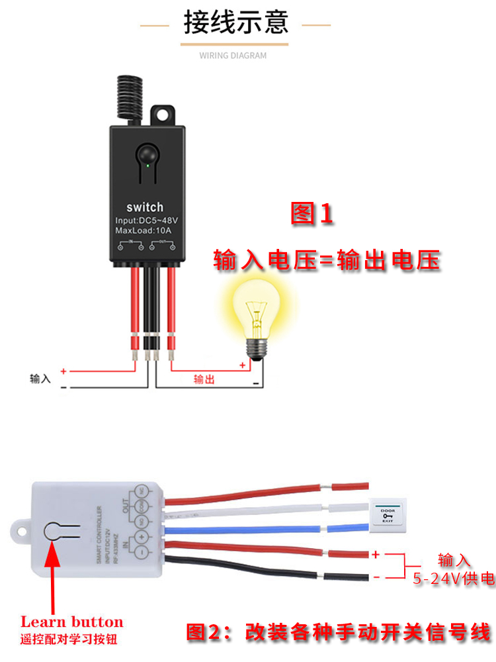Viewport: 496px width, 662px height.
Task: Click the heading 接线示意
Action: click(x=236, y=22)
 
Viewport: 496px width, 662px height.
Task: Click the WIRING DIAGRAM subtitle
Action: click(x=233, y=56)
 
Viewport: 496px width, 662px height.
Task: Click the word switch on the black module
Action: click(x=144, y=207)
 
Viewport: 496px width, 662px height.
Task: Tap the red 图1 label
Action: click(x=311, y=214)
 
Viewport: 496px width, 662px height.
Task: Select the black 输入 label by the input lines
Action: click(x=40, y=379)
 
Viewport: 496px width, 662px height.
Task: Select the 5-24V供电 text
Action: click(x=454, y=579)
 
